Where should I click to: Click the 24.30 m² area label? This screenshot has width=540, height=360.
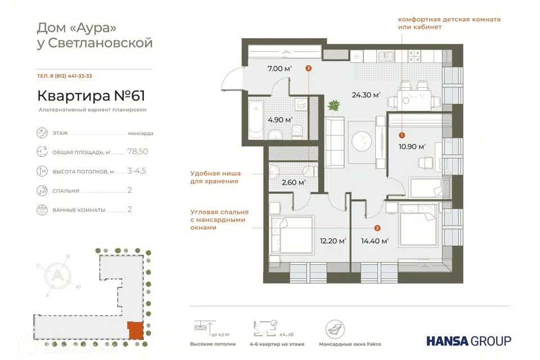366,94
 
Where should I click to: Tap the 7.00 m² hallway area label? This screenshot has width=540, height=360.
280,69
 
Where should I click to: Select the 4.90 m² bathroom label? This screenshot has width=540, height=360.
280,120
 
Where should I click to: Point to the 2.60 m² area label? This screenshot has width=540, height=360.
294,183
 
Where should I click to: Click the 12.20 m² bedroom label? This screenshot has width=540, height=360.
333,241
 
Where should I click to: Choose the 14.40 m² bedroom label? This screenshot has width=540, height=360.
375,241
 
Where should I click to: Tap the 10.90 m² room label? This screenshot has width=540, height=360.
412,146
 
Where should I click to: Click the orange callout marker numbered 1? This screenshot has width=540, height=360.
402,136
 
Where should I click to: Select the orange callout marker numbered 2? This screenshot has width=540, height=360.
377,228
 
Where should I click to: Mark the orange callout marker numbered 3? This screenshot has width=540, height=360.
309,68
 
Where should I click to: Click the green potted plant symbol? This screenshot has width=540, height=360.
334,105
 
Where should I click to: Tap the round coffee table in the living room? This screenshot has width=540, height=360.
362,141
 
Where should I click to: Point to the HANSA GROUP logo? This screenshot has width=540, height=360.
469,341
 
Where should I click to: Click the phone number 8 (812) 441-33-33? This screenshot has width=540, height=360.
71,76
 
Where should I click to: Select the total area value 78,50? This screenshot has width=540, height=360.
138,151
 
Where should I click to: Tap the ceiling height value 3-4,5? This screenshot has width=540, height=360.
137,171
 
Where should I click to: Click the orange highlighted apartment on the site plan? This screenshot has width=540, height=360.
136,330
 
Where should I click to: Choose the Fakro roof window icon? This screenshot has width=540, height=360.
335,329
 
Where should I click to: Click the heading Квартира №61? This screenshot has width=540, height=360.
91,96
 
